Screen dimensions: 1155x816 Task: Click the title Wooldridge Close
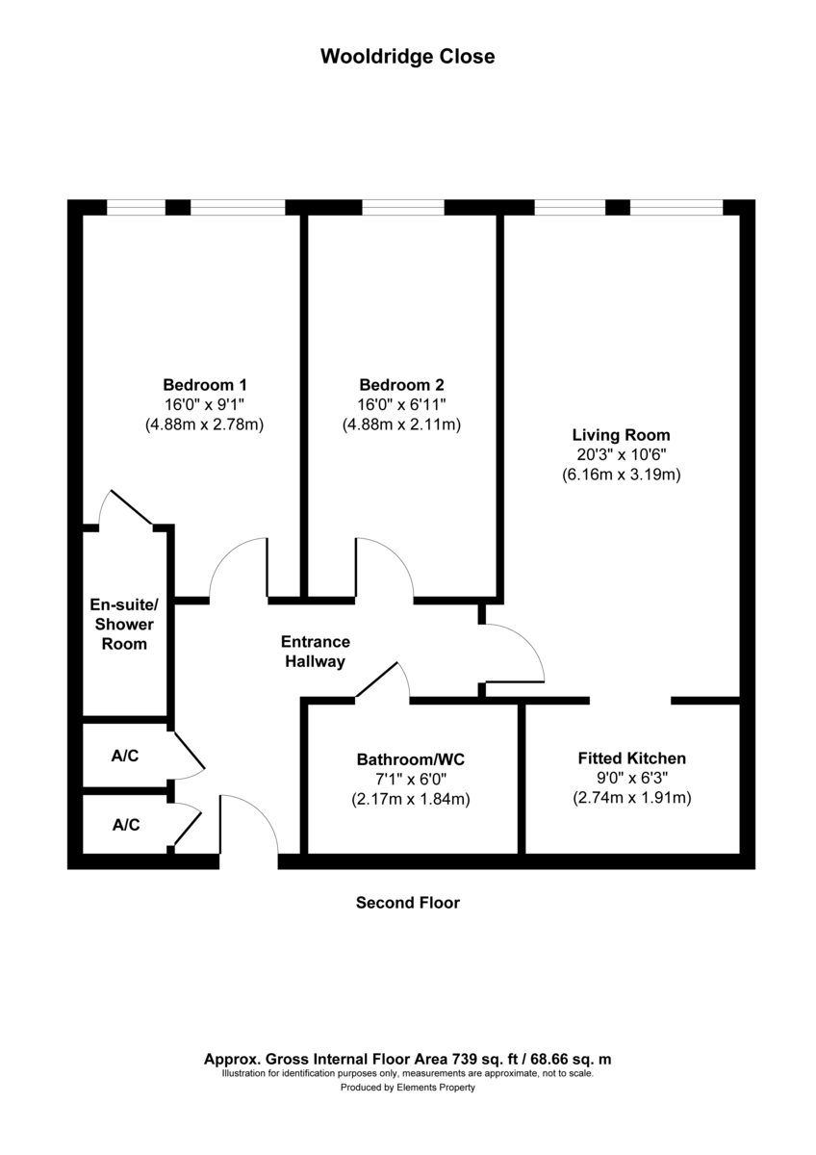pyautogui.click(x=407, y=57)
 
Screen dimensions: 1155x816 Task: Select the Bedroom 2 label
pyautogui.click(x=401, y=383)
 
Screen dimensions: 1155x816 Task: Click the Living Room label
pyautogui.click(x=621, y=434)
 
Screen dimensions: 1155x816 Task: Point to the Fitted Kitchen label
pyautogui.click(x=631, y=757)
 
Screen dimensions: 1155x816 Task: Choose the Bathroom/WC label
pyautogui.click(x=411, y=757)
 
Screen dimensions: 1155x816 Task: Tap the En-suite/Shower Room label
pyautogui.click(x=124, y=624)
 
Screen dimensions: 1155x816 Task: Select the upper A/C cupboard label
pyautogui.click(x=125, y=757)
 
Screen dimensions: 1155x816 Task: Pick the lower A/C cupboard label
pyautogui.click(x=125, y=825)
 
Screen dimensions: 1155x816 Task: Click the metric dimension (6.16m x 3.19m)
pyautogui.click(x=621, y=475)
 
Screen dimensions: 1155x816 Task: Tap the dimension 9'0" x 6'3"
pyautogui.click(x=631, y=778)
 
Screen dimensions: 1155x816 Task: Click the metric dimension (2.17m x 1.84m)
pyautogui.click(x=411, y=798)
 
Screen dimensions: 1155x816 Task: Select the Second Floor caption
pyautogui.click(x=407, y=903)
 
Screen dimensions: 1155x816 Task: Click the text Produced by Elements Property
pyautogui.click(x=407, y=1089)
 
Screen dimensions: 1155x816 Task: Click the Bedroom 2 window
pyautogui.click(x=402, y=207)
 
